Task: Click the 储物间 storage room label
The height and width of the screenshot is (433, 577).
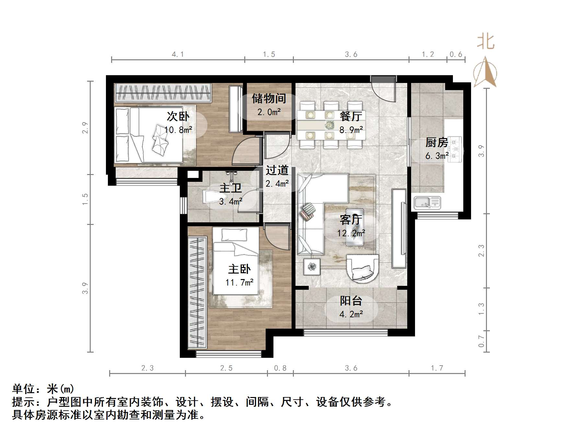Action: click(x=269, y=98)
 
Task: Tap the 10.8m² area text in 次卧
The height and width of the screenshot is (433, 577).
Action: click(x=178, y=130)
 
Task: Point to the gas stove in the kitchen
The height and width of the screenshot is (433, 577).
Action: click(x=456, y=149)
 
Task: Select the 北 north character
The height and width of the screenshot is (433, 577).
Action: click(x=485, y=42)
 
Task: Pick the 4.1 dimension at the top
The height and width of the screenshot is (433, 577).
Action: click(x=178, y=54)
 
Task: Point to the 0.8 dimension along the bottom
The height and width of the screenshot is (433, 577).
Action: click(x=280, y=368)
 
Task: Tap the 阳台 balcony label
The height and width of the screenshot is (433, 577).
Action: click(x=351, y=301)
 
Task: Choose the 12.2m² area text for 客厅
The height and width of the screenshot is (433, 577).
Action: click(x=351, y=233)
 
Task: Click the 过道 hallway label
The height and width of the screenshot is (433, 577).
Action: click(x=277, y=170)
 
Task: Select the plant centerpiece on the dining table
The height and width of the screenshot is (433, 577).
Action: click(x=330, y=124)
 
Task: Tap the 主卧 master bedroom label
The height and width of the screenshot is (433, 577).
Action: click(x=239, y=269)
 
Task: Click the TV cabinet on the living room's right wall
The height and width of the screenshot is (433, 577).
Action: click(x=399, y=228)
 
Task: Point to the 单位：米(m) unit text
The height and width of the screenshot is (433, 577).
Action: click(x=43, y=388)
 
